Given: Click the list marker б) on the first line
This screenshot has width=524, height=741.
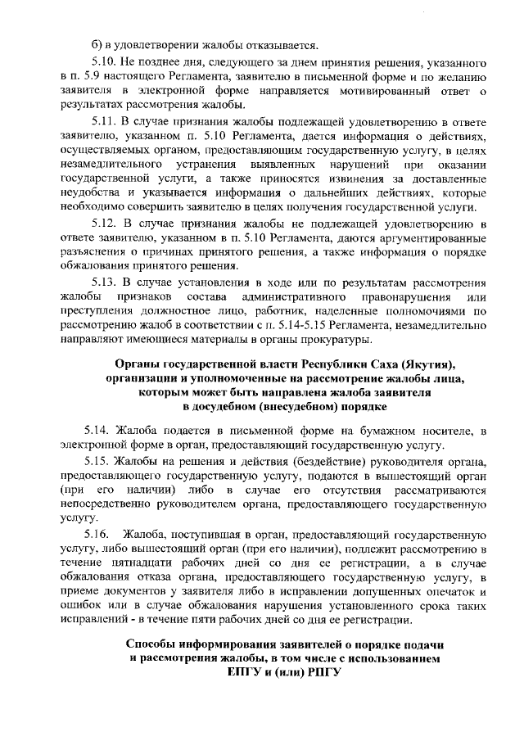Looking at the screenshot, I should [x=96, y=44].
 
